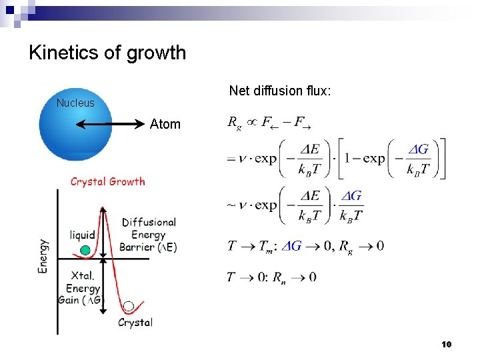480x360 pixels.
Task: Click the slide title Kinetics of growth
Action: click(x=107, y=53)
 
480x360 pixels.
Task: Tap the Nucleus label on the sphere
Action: click(x=75, y=103)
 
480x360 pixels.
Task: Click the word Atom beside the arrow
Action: click(x=165, y=124)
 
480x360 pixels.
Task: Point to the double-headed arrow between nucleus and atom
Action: click(x=111, y=124)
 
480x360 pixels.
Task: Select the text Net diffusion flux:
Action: click(x=280, y=90)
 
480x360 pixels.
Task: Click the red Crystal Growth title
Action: click(x=107, y=181)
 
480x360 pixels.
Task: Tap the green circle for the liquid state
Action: click(x=85, y=251)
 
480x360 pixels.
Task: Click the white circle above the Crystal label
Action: click(x=129, y=306)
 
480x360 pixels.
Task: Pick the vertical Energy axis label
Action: click(x=43, y=256)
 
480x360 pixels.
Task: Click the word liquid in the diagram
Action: click(x=83, y=235)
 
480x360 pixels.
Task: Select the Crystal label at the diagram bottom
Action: click(x=135, y=323)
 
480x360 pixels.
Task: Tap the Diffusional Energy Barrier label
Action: click(x=149, y=235)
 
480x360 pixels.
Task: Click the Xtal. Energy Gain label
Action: click(x=83, y=288)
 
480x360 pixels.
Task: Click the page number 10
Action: click(x=447, y=344)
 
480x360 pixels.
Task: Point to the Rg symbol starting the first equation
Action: click(x=234, y=122)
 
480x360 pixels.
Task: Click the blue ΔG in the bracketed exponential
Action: click(x=418, y=149)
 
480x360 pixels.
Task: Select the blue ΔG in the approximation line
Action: click(x=351, y=196)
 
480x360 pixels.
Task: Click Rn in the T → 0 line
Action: click(x=283, y=277)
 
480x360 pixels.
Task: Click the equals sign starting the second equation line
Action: click(x=231, y=159)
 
